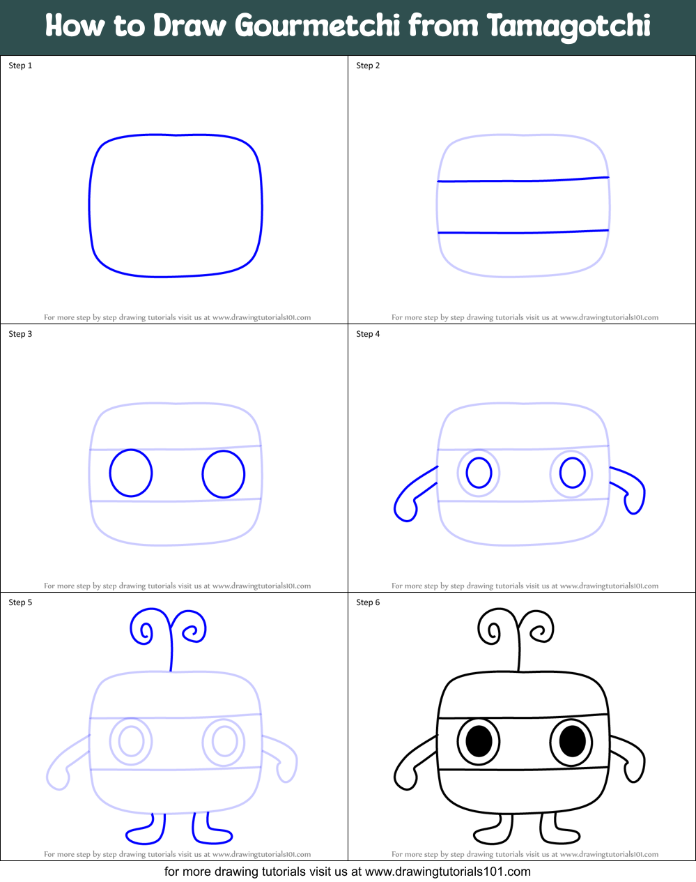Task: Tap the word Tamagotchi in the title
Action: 568,26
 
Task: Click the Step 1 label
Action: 20,66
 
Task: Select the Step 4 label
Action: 368,334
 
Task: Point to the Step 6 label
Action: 368,602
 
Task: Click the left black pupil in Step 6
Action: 479,741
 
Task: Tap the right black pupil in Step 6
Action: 572,740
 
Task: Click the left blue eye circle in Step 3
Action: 131,473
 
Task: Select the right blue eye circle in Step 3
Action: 224,474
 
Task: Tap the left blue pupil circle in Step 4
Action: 479,473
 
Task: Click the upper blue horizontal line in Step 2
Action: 523,180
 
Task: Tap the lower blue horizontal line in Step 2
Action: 523,232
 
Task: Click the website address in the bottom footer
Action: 447,872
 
